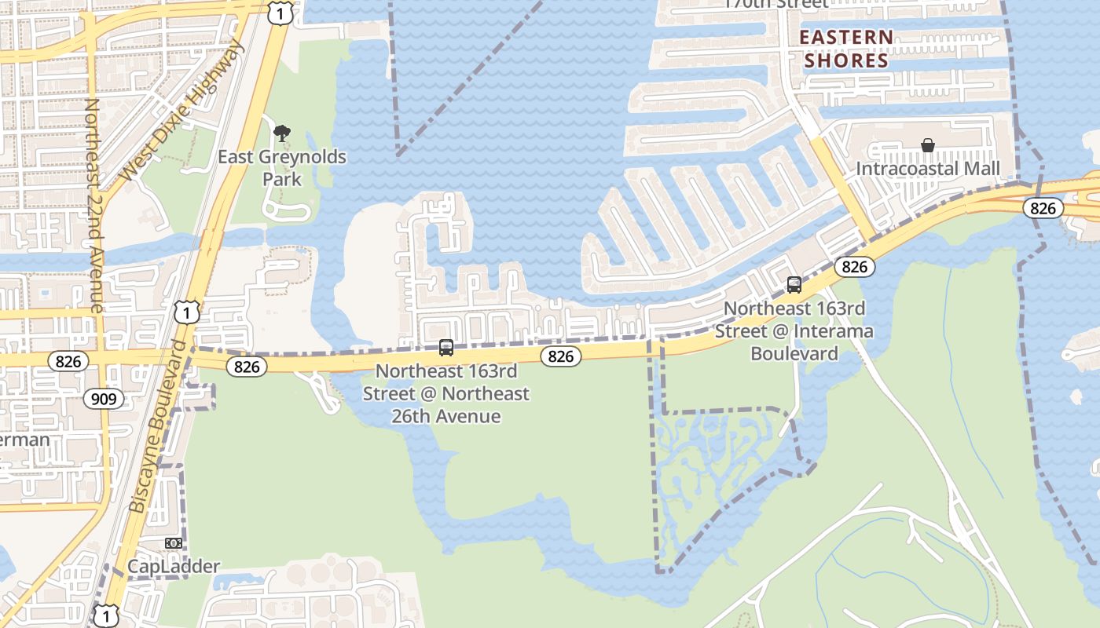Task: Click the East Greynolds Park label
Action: [x=281, y=168]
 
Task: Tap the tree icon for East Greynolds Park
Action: [x=281, y=133]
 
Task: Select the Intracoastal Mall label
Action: [x=928, y=169]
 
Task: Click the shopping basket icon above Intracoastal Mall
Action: [x=928, y=145]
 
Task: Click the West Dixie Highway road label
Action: [x=181, y=110]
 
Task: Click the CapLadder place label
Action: [x=174, y=566]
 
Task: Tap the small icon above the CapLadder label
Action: [x=174, y=543]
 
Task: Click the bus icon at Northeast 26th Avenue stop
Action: [x=446, y=347]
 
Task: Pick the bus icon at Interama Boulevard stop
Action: [x=794, y=285]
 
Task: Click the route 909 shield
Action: [x=103, y=399]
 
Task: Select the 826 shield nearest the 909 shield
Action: [x=68, y=361]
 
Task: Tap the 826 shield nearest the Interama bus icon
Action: [x=854, y=267]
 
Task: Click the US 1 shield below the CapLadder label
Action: [x=105, y=615]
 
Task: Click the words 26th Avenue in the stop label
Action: [x=446, y=416]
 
